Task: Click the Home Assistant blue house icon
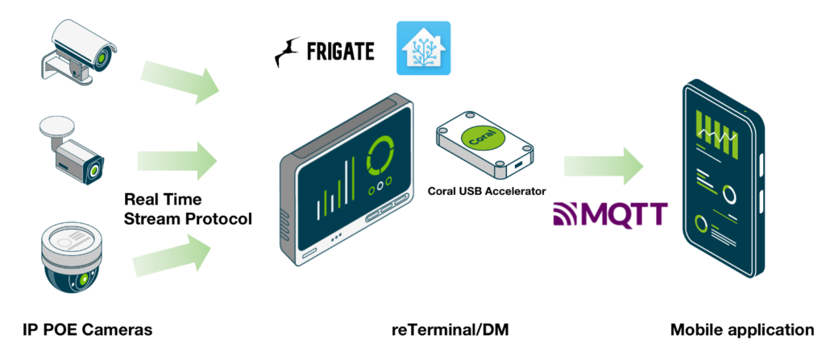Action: [x=423, y=48]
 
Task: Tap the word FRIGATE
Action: [x=340, y=52]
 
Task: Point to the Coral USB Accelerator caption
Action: [x=486, y=191]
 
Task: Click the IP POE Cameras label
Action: [x=87, y=329]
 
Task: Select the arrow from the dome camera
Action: [x=174, y=256]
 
